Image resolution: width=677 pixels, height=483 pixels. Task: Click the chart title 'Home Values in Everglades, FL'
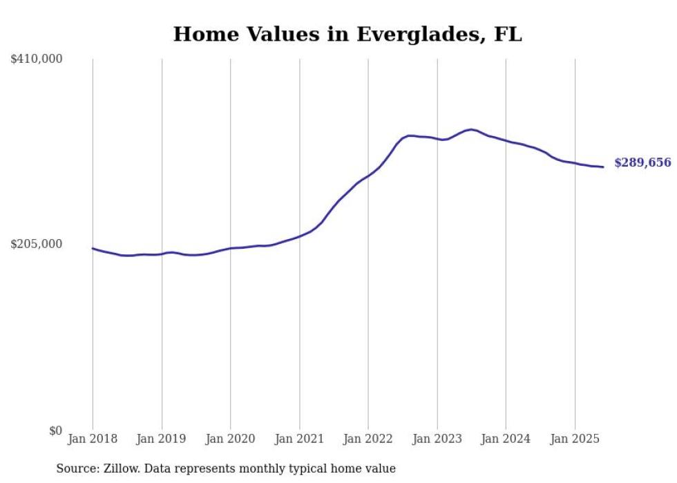pyautogui.click(x=347, y=34)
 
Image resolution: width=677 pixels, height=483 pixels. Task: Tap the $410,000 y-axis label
pyautogui.click(x=37, y=59)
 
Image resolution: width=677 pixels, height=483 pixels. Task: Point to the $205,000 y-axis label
pyautogui.click(x=37, y=244)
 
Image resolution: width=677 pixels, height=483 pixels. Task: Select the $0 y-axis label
pyautogui.click(x=55, y=430)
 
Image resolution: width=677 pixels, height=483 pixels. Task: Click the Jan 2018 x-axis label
pyautogui.click(x=93, y=439)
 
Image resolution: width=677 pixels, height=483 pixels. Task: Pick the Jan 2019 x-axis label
pyautogui.click(x=162, y=439)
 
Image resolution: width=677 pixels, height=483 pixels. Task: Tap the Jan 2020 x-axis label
pyautogui.click(x=230, y=439)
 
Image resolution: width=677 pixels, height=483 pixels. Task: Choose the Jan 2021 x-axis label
pyautogui.click(x=299, y=439)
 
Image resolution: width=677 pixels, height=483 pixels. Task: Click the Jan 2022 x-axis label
pyautogui.click(x=368, y=439)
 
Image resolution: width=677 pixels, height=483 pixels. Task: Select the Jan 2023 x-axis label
pyautogui.click(x=437, y=439)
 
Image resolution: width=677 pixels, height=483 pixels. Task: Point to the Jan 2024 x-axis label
pyautogui.click(x=506, y=439)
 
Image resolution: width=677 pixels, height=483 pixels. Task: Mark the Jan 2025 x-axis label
pyautogui.click(x=575, y=439)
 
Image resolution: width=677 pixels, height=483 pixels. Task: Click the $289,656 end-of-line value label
pyautogui.click(x=642, y=163)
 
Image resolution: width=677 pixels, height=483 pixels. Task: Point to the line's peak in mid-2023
pyautogui.click(x=470, y=129)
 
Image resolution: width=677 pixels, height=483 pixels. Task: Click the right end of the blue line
pyautogui.click(x=603, y=167)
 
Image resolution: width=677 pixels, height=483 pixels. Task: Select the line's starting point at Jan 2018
pyautogui.click(x=93, y=248)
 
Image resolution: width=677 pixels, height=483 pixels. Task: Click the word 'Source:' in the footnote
pyautogui.click(x=77, y=469)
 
